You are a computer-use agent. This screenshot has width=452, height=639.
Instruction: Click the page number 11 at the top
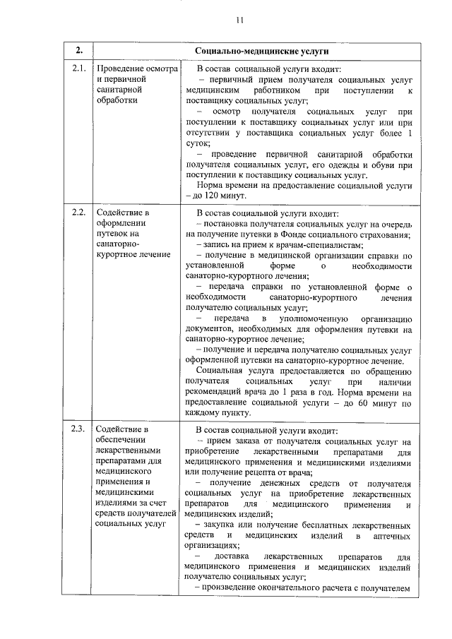[x=240, y=20]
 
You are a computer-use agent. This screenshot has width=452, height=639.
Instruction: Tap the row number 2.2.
[x=79, y=210]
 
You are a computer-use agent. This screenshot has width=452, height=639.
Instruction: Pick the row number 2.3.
[x=79, y=429]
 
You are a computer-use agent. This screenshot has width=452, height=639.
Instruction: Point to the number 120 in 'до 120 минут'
[x=210, y=196]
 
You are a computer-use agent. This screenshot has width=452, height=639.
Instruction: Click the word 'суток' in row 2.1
[x=196, y=143]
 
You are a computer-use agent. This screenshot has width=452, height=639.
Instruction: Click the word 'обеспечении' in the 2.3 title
[x=121, y=440]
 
